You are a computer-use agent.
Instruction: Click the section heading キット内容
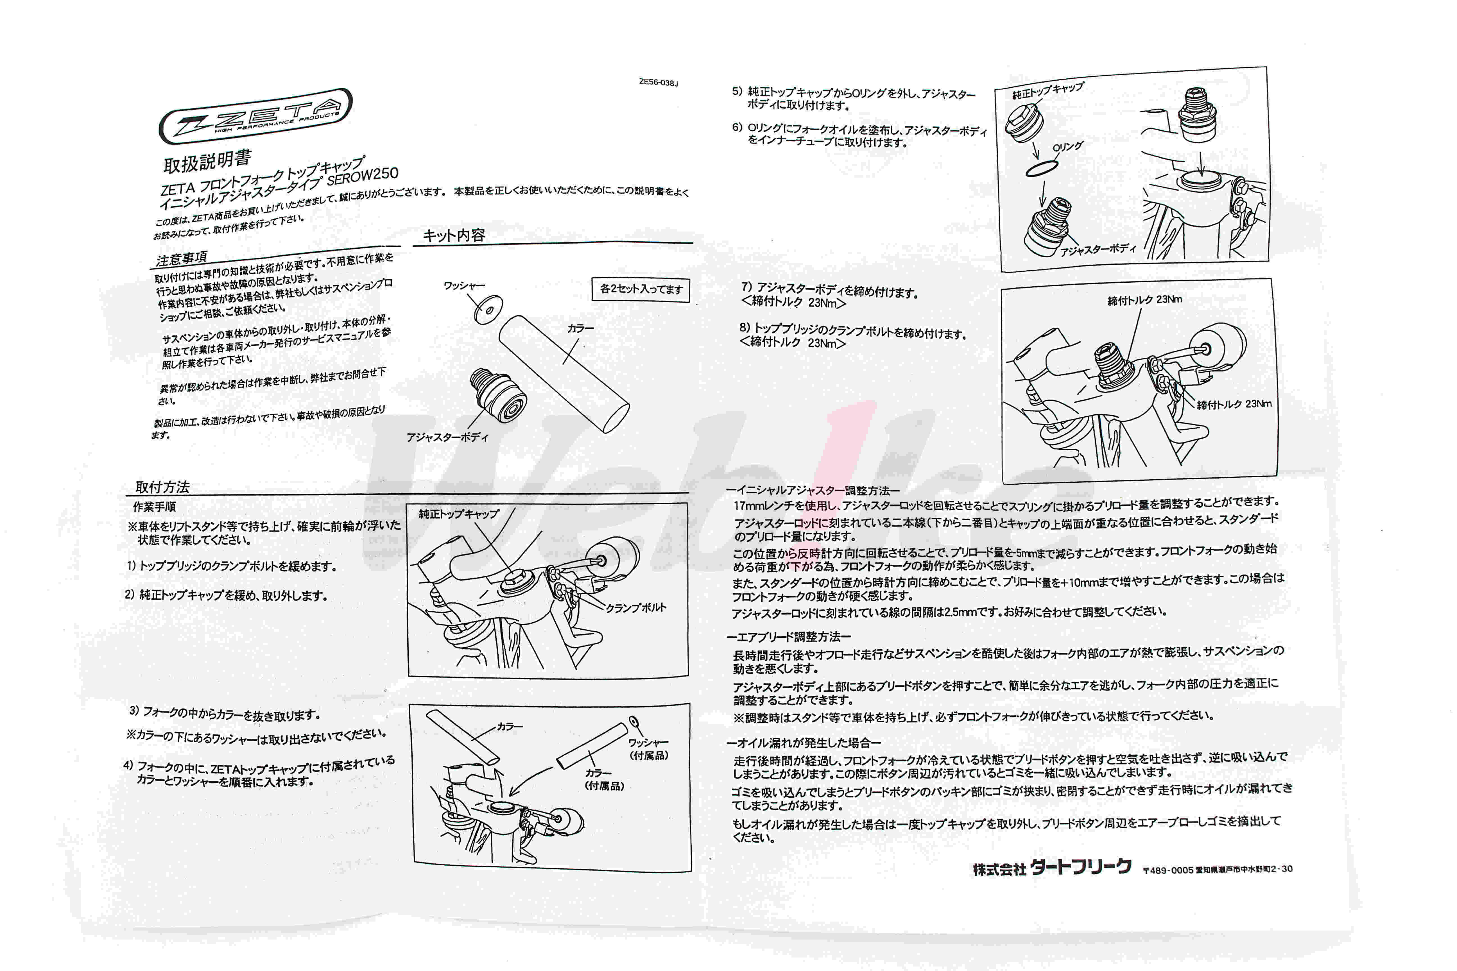pos(453,235)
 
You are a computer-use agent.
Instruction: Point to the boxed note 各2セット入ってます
pos(641,289)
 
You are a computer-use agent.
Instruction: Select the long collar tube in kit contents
pos(564,373)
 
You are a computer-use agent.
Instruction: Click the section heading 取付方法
pos(162,487)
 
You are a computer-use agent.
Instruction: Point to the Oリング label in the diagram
pos(1067,147)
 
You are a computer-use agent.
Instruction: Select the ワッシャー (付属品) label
pos(648,749)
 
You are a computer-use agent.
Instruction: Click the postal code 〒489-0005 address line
pos(1217,870)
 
